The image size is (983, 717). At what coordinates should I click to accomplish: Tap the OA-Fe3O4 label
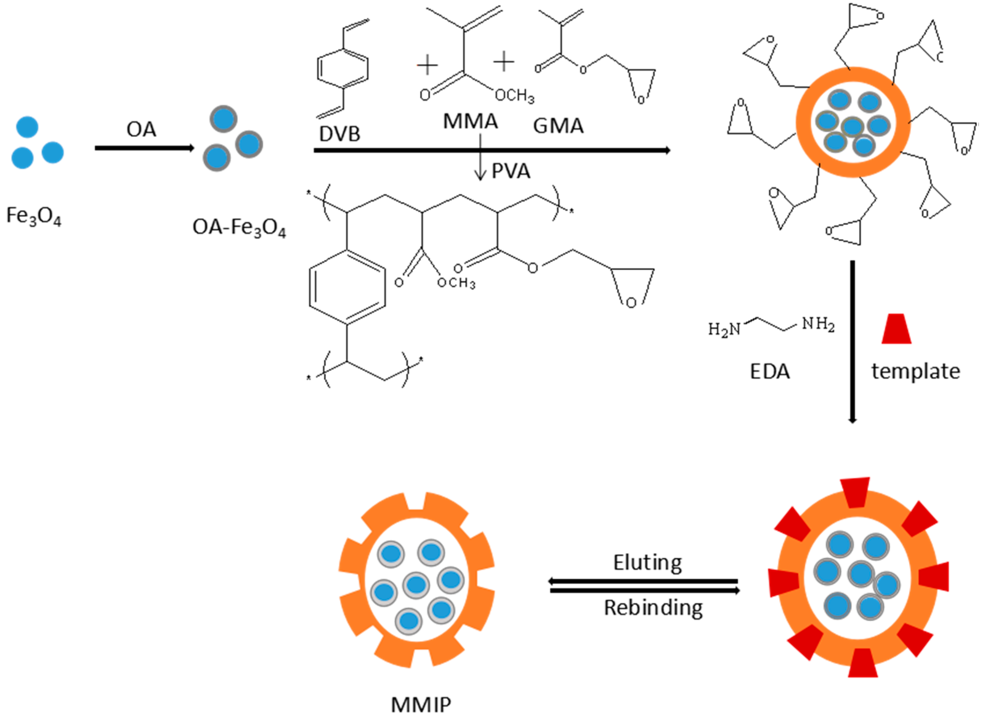tap(239, 228)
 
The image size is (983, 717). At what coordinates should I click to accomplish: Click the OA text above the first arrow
tap(141, 130)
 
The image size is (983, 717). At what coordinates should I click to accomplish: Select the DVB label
tap(339, 134)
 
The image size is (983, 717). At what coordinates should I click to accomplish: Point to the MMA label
tap(470, 122)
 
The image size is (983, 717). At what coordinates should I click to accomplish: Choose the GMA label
tap(558, 126)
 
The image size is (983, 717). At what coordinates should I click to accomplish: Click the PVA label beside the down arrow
tap(511, 171)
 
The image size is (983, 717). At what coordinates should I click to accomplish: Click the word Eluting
tap(647, 563)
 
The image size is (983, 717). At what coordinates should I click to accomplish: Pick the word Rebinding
tap(653, 608)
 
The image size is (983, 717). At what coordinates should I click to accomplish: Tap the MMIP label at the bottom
tap(421, 705)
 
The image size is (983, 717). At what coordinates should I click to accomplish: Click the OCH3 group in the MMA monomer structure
tap(515, 95)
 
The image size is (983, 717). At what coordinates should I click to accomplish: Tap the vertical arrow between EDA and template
tap(852, 341)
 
